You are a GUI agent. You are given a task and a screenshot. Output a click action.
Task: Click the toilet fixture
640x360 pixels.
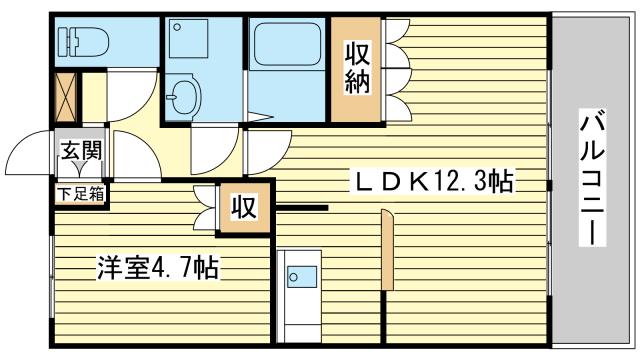[x=83, y=42]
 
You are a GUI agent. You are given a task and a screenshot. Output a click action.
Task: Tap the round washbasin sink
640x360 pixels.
[x=184, y=97]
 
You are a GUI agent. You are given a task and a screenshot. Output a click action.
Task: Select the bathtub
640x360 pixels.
[x=287, y=44]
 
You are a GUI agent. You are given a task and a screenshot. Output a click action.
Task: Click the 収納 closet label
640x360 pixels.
[x=357, y=68]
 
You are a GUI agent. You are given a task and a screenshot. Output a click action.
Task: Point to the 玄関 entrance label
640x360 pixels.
[x=81, y=150]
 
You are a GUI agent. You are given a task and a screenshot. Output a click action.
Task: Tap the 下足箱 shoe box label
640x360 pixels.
[x=81, y=194]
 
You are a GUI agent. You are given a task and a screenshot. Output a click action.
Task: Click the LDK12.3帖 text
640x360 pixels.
[x=434, y=181]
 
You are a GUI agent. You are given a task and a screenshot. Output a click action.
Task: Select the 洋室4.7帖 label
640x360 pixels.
[x=158, y=268]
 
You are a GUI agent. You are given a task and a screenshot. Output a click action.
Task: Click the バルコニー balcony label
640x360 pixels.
[x=592, y=178]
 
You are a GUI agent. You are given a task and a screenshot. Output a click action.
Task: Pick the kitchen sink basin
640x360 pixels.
[x=302, y=277]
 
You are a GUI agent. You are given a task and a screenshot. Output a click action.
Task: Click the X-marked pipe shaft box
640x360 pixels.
[x=66, y=98]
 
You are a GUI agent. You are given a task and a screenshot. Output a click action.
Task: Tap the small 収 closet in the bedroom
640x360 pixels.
[x=244, y=208]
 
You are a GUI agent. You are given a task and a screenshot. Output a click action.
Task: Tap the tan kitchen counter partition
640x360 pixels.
[x=387, y=250]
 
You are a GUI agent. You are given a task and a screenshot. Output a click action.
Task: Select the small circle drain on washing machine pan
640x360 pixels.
[x=177, y=27]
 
